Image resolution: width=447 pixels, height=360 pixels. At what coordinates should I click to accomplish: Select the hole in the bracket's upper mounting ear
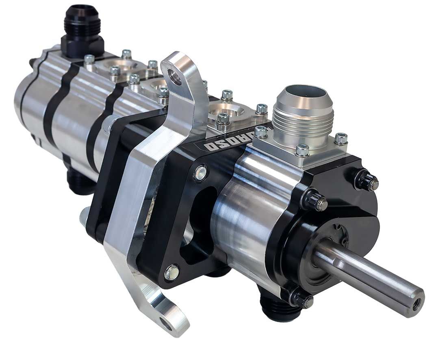175,77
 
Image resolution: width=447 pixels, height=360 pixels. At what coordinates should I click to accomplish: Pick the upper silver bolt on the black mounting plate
200,173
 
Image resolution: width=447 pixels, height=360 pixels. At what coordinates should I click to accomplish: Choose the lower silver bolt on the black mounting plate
172,273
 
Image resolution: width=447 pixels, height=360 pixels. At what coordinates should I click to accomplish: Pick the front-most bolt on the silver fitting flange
302,150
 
